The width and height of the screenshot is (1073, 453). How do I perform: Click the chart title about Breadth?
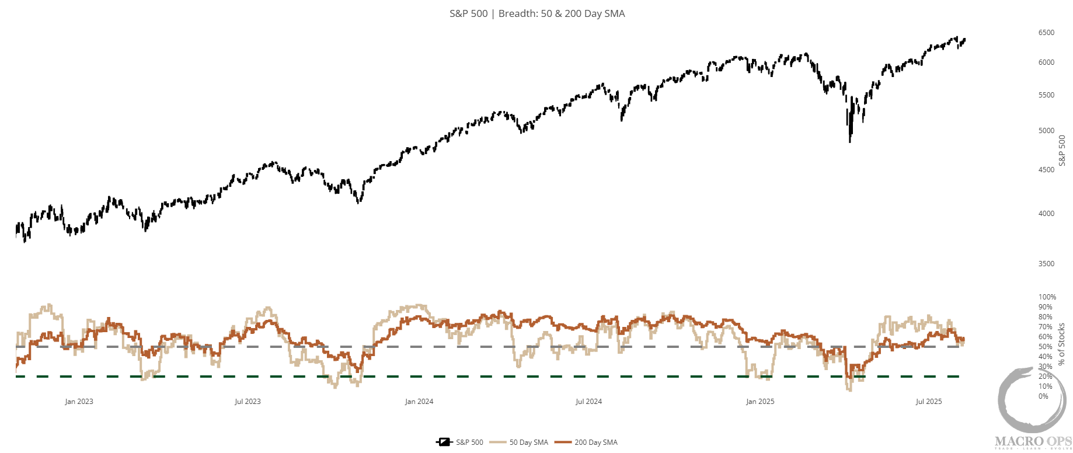[536, 13]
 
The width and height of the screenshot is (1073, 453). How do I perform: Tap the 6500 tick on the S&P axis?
[1046, 33]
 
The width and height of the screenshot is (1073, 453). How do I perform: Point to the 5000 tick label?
[1046, 131]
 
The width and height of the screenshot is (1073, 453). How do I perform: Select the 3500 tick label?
[1046, 264]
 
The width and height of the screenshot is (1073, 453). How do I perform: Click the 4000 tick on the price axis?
[1046, 214]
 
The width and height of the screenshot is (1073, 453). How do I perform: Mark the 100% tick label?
[1047, 297]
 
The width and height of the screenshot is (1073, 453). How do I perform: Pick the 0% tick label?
[1043, 396]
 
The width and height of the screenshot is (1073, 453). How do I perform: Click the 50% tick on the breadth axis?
[1045, 347]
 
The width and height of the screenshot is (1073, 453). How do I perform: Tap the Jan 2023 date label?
[79, 402]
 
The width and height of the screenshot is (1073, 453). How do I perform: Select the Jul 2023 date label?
[248, 402]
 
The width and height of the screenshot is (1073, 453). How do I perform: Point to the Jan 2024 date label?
[419, 402]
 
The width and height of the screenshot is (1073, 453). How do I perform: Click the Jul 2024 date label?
[588, 402]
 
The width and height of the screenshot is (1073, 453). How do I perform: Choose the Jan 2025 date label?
[760, 402]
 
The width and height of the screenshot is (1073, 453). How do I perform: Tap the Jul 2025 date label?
[928, 402]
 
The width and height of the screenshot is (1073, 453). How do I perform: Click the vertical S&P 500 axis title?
[1062, 150]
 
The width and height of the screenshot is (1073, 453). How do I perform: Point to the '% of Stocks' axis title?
[1061, 344]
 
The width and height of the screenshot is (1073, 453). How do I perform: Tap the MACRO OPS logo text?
[1033, 441]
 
